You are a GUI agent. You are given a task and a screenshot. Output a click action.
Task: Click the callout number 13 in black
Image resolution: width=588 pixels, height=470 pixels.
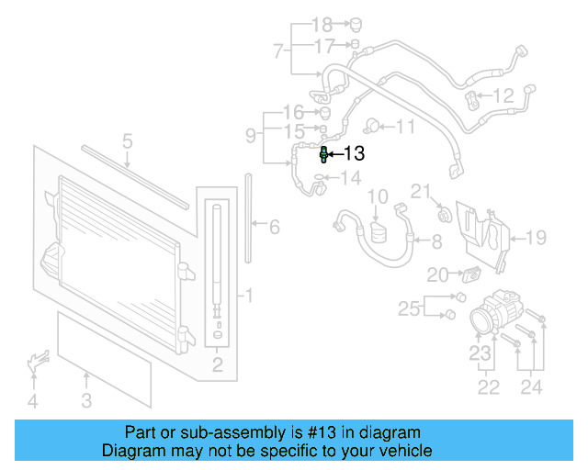(x=354, y=154)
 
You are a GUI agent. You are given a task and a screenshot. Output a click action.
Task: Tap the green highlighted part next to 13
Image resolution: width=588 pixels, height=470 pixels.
(x=324, y=154)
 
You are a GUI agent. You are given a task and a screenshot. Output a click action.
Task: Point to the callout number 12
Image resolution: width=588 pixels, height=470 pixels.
(x=503, y=95)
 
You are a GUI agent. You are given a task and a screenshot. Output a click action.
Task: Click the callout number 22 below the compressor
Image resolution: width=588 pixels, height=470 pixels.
(x=488, y=386)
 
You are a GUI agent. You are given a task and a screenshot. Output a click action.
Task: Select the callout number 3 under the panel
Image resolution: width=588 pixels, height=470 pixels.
(x=85, y=399)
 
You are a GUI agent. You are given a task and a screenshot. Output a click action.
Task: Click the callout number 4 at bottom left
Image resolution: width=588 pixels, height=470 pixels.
(x=32, y=400)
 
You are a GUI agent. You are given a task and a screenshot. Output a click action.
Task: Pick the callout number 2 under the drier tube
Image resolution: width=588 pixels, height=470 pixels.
(x=218, y=367)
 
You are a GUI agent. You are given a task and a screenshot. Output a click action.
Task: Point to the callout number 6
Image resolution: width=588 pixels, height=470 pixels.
(x=273, y=226)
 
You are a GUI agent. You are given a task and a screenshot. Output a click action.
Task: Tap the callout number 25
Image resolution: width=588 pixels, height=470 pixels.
(x=409, y=306)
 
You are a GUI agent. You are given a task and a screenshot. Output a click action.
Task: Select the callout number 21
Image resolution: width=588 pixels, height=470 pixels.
(x=420, y=191)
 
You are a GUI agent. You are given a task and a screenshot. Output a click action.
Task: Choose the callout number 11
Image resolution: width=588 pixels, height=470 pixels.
(x=405, y=126)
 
